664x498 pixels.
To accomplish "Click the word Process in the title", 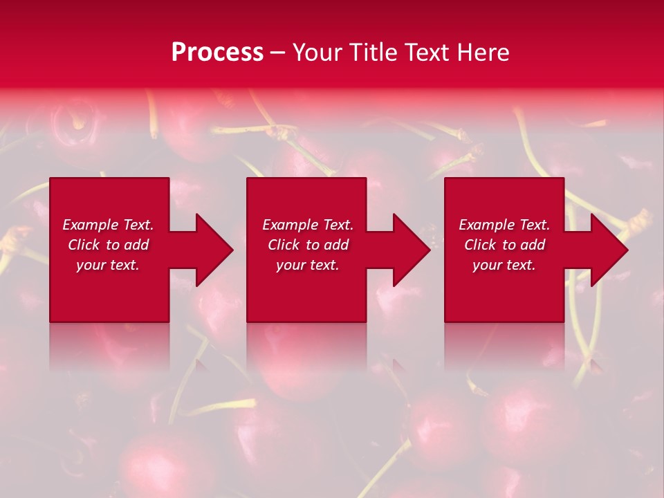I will tap(217, 53).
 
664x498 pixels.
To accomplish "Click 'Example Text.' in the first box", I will tap(108, 225).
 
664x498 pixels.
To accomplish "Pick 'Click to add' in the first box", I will tap(108, 245).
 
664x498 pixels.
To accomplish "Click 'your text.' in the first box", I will tap(108, 265).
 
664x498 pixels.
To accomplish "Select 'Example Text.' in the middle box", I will tap(308, 225).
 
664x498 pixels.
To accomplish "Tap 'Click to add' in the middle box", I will tap(308, 245).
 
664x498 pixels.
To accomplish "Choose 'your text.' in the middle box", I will tap(308, 265).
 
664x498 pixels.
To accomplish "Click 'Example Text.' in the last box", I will tap(504, 225).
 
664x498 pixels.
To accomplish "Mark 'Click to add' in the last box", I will tap(504, 245).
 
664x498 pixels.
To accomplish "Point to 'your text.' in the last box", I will tap(504, 265).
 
